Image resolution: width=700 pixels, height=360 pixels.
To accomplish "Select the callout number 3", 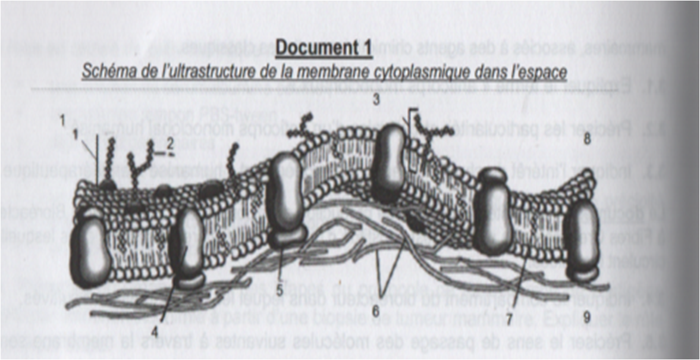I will click(376, 99).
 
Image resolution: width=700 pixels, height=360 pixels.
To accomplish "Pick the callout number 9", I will click(586, 318).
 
